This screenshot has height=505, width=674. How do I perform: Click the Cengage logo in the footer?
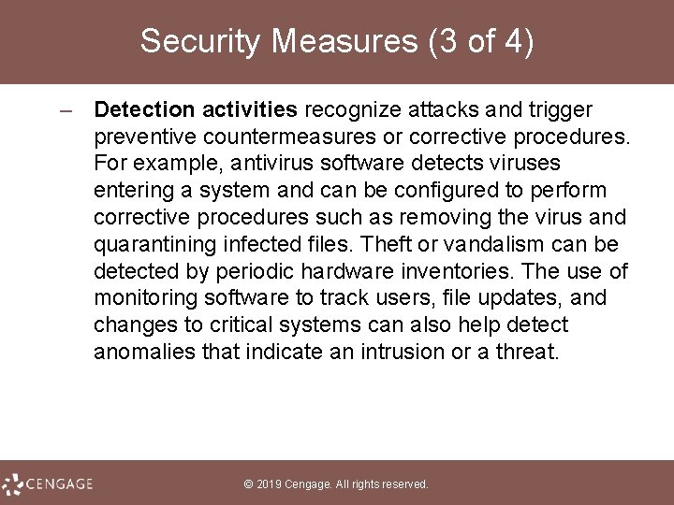click(x=48, y=483)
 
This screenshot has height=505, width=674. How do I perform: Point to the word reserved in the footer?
click(x=403, y=484)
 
